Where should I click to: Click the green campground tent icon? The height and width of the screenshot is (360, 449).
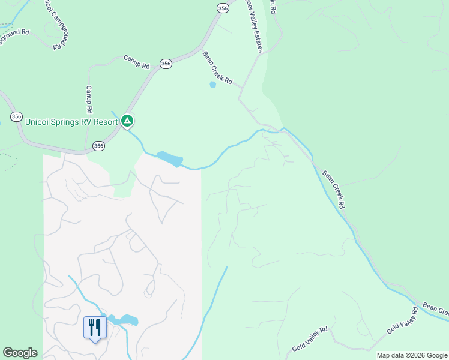127,121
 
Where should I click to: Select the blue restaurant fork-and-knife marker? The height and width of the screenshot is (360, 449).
95,328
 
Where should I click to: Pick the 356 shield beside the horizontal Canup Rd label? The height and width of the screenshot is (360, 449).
166,63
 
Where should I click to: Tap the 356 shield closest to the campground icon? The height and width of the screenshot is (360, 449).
99,145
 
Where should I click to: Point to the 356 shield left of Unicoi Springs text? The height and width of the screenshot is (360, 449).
17,116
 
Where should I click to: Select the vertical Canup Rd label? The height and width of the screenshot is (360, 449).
88,100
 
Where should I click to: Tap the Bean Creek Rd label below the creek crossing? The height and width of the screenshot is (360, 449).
334,190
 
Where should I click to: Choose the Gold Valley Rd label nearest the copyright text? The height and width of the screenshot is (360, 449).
402,319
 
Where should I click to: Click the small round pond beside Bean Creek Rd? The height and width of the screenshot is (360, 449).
212,85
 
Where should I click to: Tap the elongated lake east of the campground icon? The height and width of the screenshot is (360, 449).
170,159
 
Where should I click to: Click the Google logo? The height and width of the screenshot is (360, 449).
20,353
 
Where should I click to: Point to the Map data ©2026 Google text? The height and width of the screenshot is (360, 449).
412,355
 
